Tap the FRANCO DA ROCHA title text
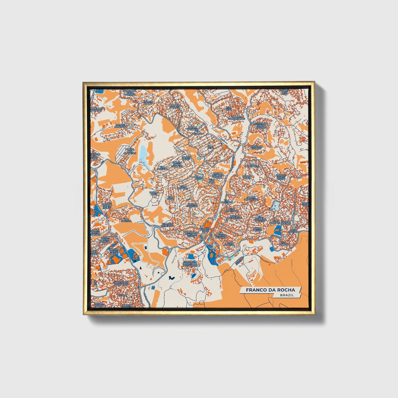click(270, 290)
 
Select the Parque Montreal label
click(121, 126)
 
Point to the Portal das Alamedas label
click(130, 151)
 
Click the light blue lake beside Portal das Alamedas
click(144, 154)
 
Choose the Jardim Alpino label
click(148, 102)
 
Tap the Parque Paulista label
click(174, 106)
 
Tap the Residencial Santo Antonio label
click(260, 126)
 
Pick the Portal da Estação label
click(256, 147)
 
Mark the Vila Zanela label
click(229, 243)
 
